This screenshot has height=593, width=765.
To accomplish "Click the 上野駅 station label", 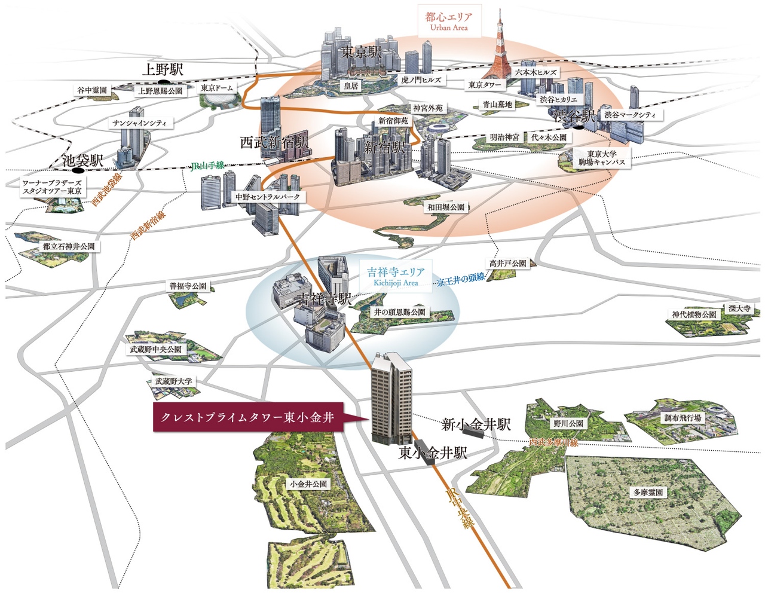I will coord(162,69).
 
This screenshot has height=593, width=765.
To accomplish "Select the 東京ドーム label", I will coord(216,88).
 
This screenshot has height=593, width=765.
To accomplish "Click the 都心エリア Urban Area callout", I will coord(448,22).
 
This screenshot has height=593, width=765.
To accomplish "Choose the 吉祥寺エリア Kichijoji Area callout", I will coord(396,277).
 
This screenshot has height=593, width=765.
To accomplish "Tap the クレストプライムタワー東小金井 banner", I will coord(247,417).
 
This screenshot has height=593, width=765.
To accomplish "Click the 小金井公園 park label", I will coord(308,484).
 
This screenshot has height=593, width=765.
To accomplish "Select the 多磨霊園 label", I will coord(648,493).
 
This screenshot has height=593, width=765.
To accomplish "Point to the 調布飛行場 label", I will coord(683,418).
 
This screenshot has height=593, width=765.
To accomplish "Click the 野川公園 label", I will coord(568,423).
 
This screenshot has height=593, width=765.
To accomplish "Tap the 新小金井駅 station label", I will coord(476,424).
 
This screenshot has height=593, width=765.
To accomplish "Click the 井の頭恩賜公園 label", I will coord(399,312).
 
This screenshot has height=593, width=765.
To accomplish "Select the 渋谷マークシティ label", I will coord(629,114).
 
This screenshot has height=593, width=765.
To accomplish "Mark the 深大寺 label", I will coord(739,308).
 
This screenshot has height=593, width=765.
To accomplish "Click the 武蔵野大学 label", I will coord(174,381).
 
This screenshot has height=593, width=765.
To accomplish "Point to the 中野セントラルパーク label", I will coord(267,197).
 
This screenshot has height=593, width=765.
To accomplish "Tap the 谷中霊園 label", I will coord(92,90).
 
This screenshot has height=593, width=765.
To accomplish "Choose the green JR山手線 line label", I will coord(207,166).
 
